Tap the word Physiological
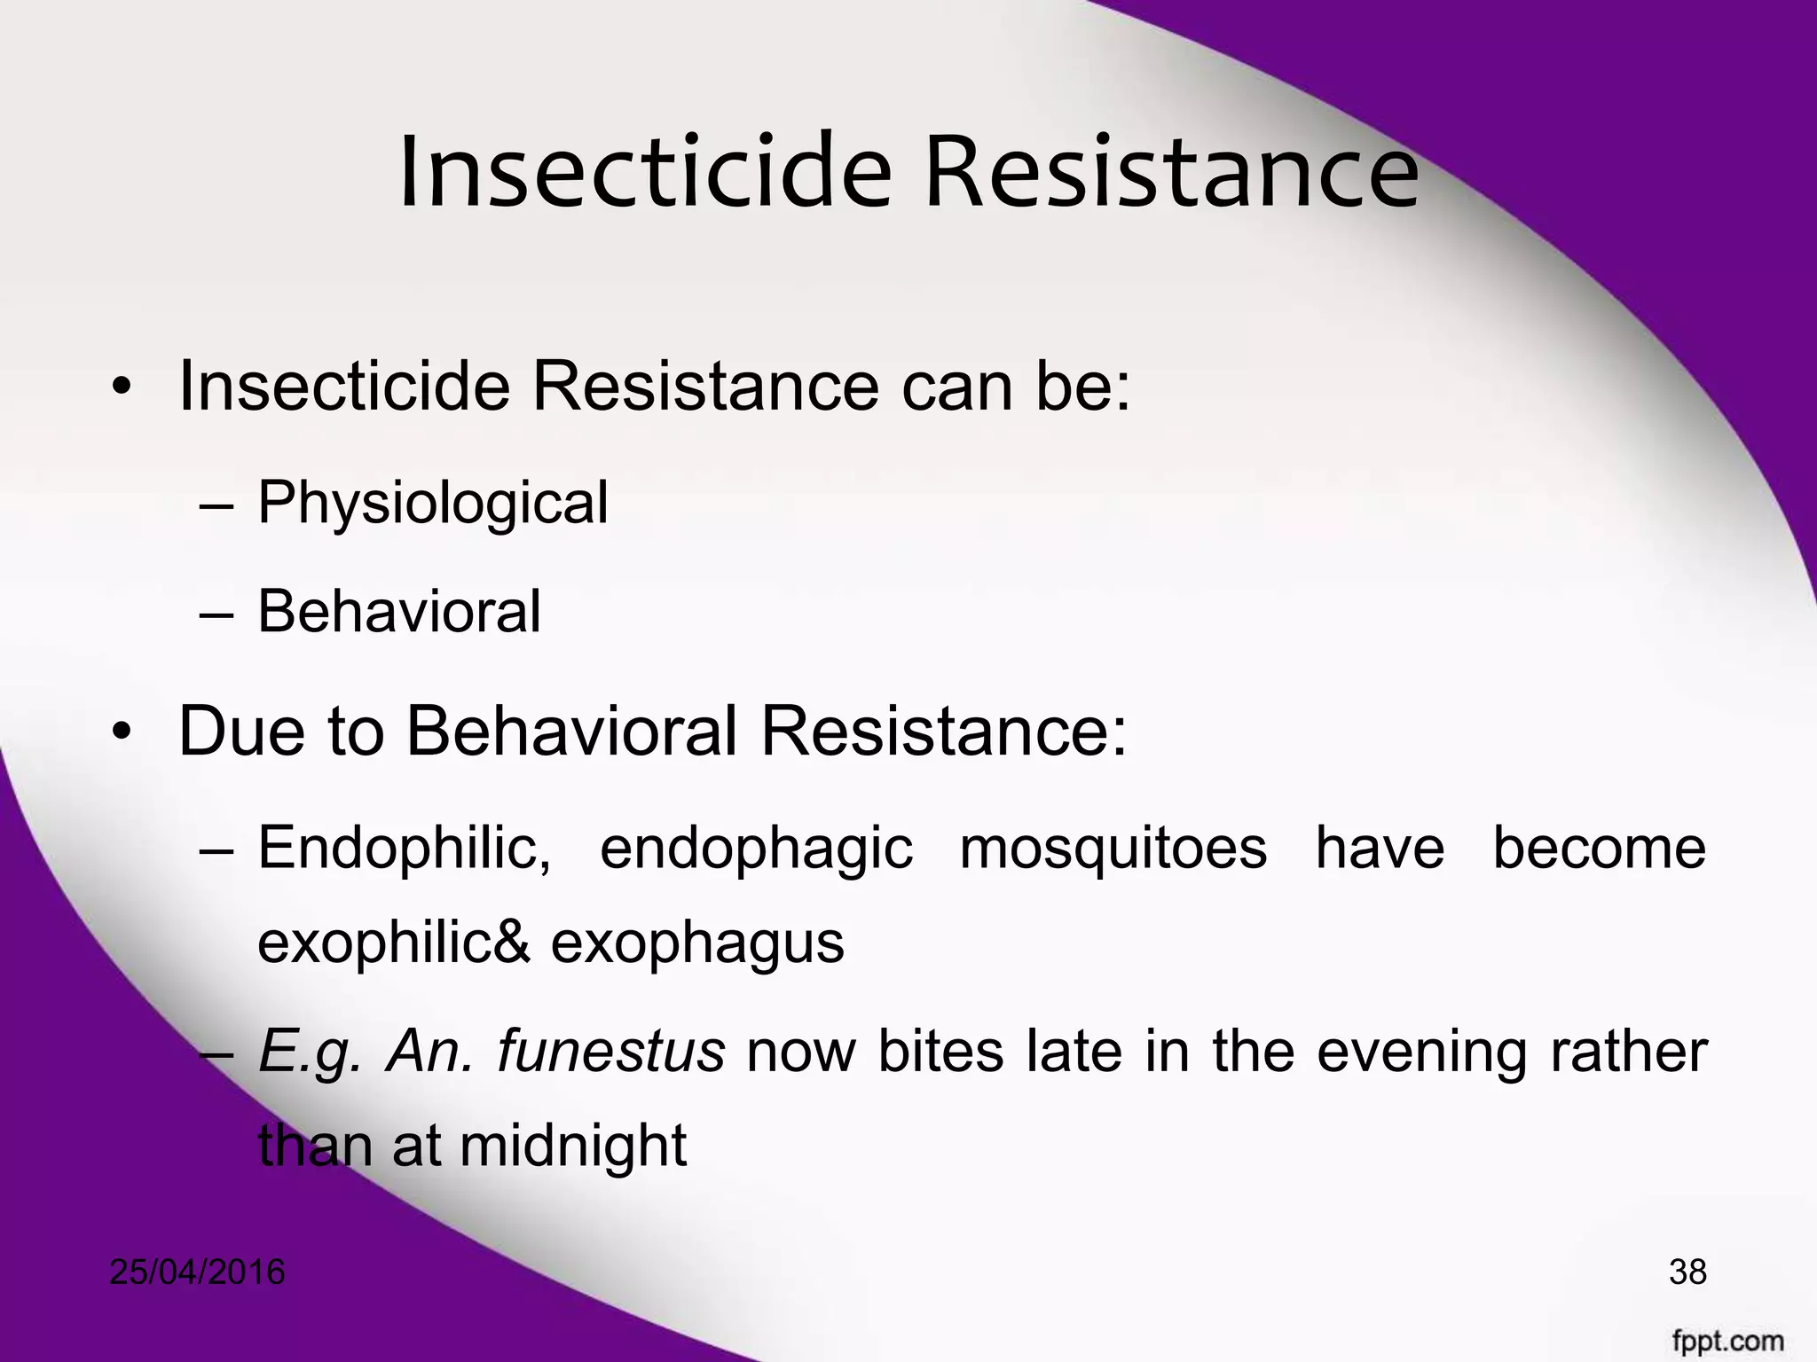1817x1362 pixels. [433, 503]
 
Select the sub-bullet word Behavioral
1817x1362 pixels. [398, 611]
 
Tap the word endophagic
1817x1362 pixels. [756, 847]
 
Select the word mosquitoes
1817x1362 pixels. [1113, 847]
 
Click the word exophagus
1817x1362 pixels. [697, 943]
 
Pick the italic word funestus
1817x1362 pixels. [610, 1052]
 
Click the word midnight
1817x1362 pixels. [573, 1146]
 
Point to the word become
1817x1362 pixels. [1600, 847]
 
